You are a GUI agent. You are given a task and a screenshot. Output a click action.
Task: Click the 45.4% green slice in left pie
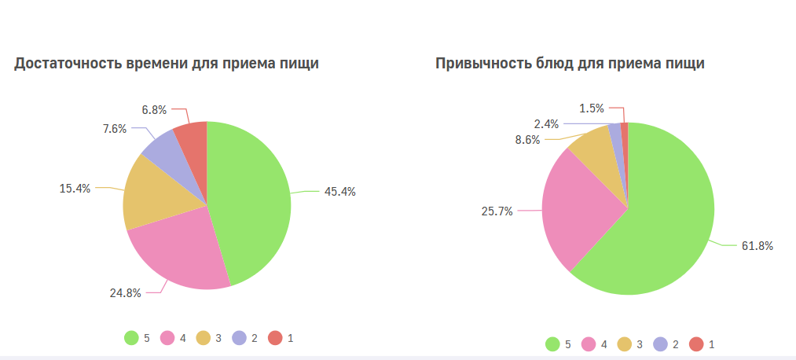point(250,197)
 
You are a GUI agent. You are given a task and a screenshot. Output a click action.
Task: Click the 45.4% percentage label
point(339,192)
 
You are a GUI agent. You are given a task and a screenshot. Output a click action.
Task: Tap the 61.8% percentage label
point(757,246)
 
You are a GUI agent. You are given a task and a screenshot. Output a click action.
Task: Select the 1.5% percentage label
point(592,108)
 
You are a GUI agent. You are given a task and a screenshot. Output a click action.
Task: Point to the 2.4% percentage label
point(546,123)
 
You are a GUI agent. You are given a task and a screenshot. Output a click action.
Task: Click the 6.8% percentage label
point(154,110)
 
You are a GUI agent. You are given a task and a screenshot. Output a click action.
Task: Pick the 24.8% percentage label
point(125,293)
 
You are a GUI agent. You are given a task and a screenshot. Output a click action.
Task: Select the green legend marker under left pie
point(131,338)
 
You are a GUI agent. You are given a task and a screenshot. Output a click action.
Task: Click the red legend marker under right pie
point(696,343)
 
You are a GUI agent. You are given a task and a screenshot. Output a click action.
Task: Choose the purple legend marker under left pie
point(239,338)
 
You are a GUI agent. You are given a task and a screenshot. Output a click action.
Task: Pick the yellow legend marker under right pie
point(625,343)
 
